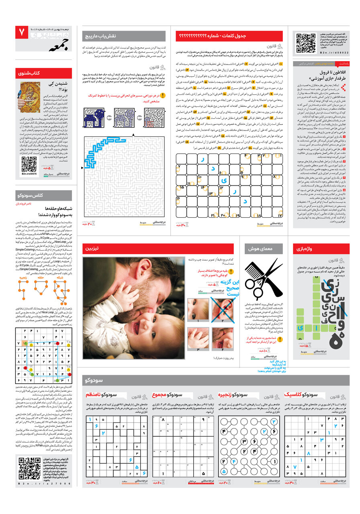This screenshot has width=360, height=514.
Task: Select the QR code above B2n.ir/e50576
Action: pos(29,164)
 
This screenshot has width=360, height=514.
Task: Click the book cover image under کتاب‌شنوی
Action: pos(29,98)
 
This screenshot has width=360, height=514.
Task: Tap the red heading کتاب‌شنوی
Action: pos(29,73)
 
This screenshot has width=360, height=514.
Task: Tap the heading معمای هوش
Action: pos(258,249)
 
